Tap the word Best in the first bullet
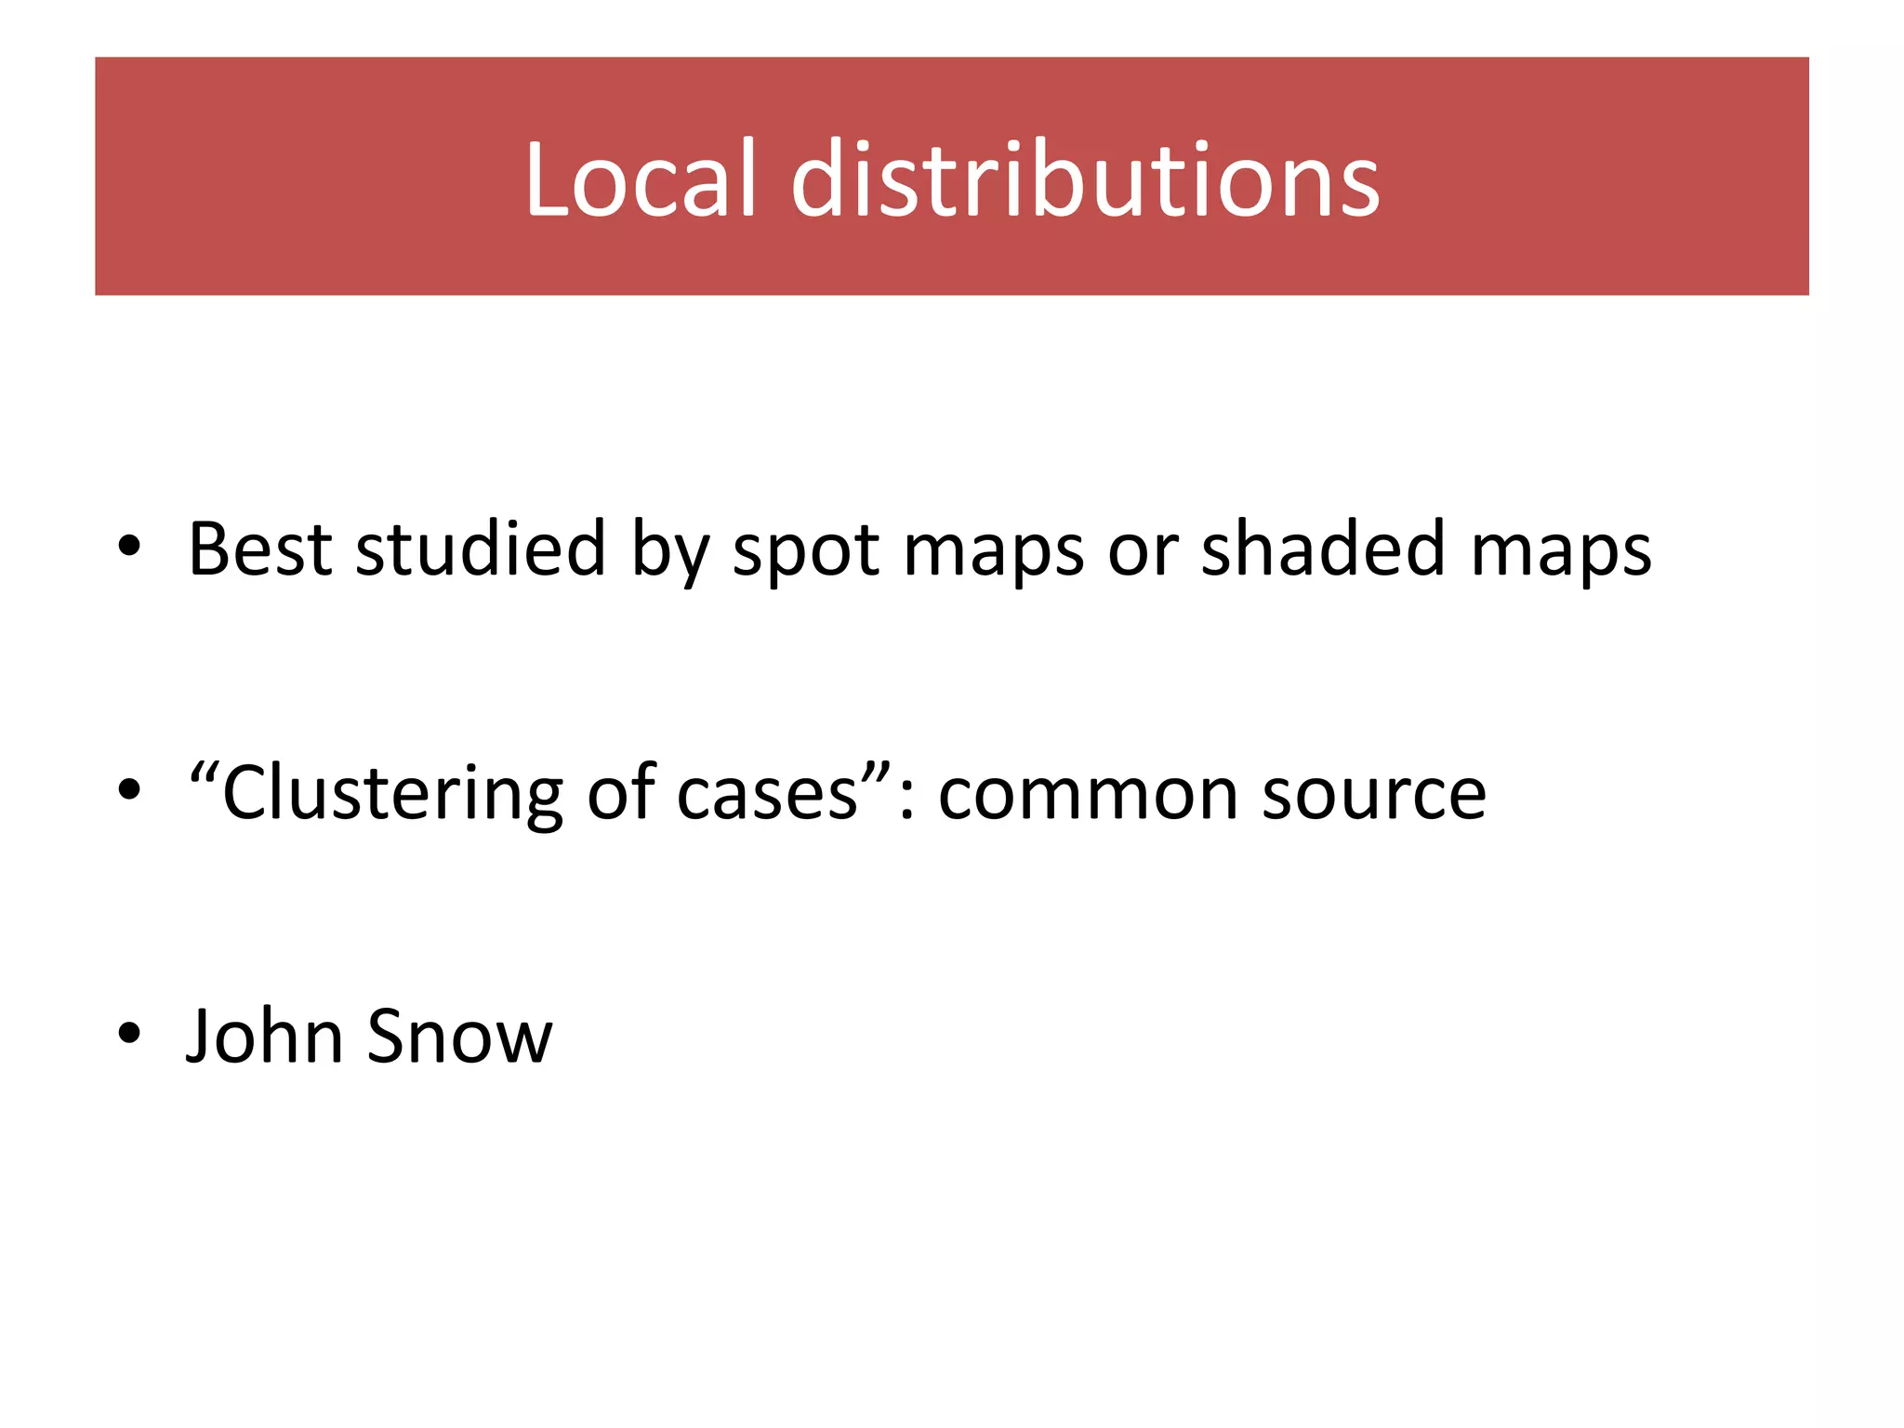pos(259,549)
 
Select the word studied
pos(481,549)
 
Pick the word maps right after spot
pos(993,552)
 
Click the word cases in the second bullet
pos(767,796)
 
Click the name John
pos(265,1036)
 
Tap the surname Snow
pos(459,1036)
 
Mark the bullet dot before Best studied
pos(129,546)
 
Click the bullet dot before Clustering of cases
pos(129,789)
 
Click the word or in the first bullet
pos(1143,552)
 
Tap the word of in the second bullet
pos(622,794)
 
